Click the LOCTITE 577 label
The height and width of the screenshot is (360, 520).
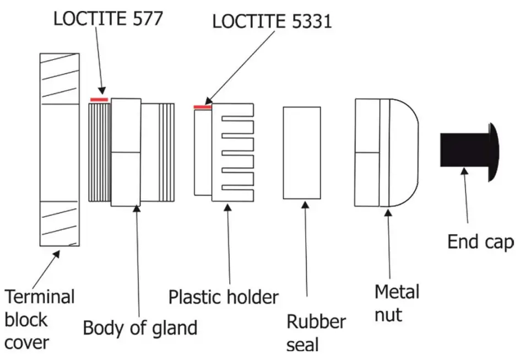[108, 18]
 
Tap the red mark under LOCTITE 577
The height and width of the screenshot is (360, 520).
[99, 99]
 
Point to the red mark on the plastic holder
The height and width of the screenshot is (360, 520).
[202, 107]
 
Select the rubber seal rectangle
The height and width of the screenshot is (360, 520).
[301, 153]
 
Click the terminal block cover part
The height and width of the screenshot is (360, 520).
[60, 149]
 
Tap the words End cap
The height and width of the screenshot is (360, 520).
[479, 241]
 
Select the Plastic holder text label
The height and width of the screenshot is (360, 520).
[223, 297]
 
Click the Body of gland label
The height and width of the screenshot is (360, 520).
[140, 328]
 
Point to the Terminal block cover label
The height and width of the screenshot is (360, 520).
[40, 319]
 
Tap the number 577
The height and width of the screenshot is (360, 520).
[145, 18]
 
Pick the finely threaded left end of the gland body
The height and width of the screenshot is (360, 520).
[100, 153]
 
